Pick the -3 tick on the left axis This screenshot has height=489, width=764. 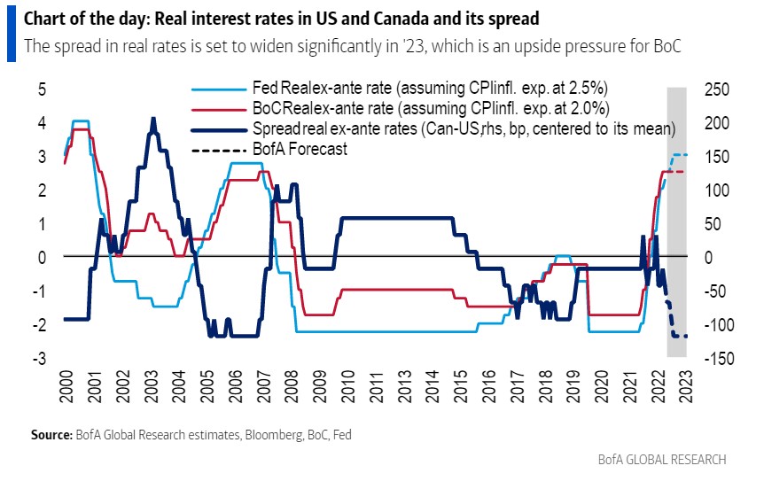pos(38,358)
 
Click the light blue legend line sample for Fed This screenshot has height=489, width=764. pos(220,88)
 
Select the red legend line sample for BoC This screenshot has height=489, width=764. pos(220,108)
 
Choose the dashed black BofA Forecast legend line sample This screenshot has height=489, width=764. pos(220,150)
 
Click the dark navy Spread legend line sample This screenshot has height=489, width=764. pos(220,129)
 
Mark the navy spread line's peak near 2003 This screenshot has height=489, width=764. pos(153,119)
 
